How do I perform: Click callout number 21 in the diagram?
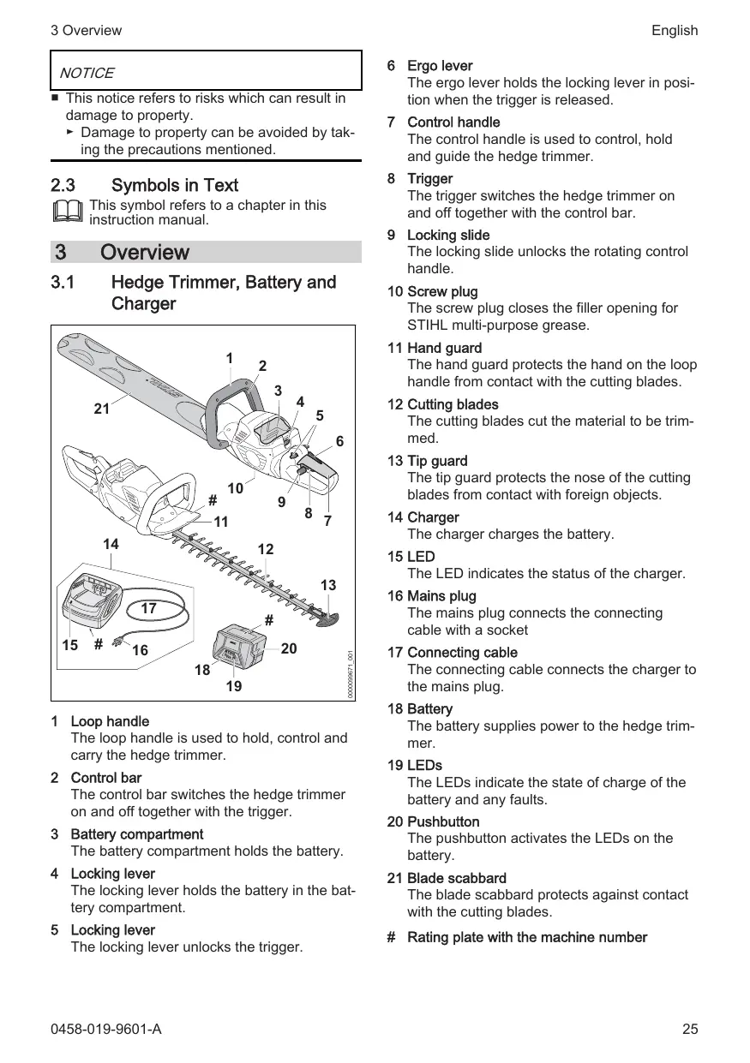tap(103, 409)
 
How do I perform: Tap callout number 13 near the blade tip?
tap(328, 586)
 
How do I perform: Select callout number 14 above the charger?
tap(111, 544)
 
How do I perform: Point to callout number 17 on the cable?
tap(148, 608)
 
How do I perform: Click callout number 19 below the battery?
tap(233, 686)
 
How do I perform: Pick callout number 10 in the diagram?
tap(236, 488)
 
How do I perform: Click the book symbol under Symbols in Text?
tap(68, 211)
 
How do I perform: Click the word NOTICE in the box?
tap(87, 74)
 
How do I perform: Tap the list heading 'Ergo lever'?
tap(440, 66)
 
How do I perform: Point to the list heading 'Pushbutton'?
tap(443, 821)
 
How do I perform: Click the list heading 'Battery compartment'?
tap(136, 834)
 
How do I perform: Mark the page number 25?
tap(690, 1029)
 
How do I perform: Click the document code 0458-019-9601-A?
tap(105, 1029)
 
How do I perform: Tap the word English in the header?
tap(674, 31)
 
